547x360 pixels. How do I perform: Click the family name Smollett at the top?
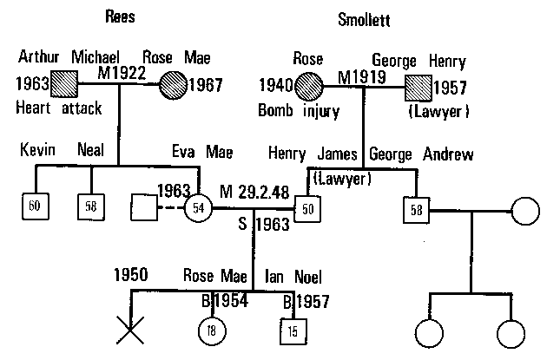pos(366,16)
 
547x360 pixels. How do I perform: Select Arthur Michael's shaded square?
pos(64,84)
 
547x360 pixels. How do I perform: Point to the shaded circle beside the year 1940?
pos(310,86)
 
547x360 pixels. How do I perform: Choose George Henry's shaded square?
pos(420,86)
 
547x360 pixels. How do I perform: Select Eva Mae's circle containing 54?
pos(199,207)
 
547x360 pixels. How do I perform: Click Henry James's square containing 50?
pos(306,208)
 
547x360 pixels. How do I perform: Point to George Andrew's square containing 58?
pos(417,209)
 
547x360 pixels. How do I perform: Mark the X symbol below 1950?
pos(130,330)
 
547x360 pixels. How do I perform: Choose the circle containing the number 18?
pos(210,331)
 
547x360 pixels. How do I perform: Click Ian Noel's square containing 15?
pos(293,331)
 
